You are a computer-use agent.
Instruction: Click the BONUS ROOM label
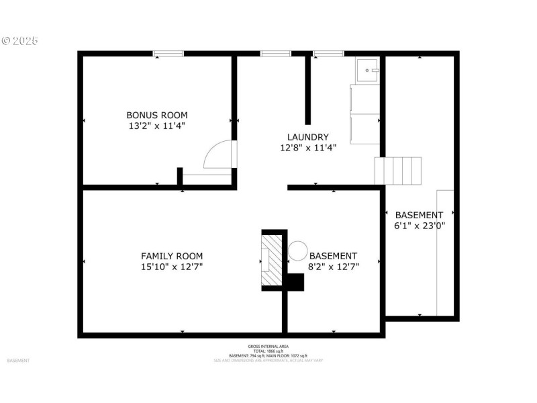tap(157, 115)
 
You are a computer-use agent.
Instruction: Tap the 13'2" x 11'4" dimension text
tap(157, 126)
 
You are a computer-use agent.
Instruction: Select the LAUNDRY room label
tap(308, 137)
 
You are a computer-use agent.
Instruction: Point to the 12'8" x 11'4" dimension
tap(308, 148)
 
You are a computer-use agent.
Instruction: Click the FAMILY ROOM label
tap(172, 256)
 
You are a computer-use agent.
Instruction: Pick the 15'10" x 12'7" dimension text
tap(172, 267)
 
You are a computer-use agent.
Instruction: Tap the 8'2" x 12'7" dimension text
tap(334, 267)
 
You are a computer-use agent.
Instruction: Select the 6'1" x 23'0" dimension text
tap(419, 226)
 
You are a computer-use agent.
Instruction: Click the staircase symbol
tap(399, 171)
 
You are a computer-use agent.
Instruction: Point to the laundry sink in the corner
tap(367, 69)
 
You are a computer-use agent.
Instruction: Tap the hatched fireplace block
tap(272, 259)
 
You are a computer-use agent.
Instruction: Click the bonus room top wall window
tap(168, 54)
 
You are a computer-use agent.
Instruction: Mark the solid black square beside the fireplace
tap(295, 282)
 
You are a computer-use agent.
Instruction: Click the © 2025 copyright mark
tap(20, 41)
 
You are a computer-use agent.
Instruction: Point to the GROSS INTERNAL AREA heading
tap(268, 347)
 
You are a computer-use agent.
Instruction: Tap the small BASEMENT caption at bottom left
tap(18, 361)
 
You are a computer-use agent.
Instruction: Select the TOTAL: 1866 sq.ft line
tap(268, 351)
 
